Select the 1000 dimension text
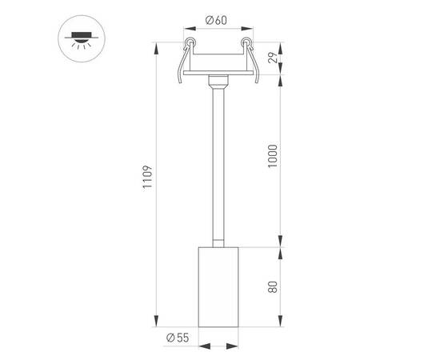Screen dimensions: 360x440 pyautogui.click(x=273, y=154)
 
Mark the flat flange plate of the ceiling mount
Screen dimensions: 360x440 pyautogui.click(x=218, y=74)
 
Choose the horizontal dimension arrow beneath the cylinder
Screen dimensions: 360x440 pyautogui.click(x=218, y=346)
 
